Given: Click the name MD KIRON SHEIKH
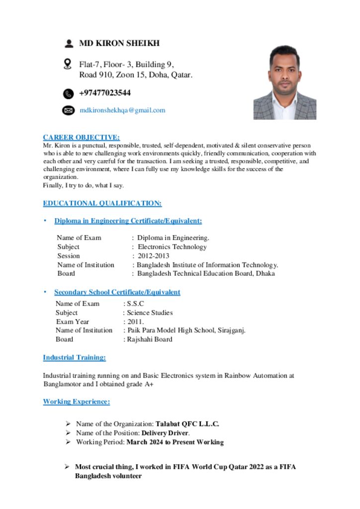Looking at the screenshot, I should click(x=119, y=43).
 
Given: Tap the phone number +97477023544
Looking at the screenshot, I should click(x=105, y=93).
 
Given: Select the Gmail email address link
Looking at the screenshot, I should click(x=122, y=110).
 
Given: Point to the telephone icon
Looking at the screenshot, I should click(x=68, y=93).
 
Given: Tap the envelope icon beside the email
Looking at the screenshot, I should click(x=68, y=110).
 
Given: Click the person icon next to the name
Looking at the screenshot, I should click(x=69, y=43).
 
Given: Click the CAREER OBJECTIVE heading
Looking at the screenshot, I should click(x=81, y=137).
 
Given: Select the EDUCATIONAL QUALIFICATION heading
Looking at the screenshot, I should click(x=102, y=203).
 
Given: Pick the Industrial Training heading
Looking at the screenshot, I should click(x=74, y=357).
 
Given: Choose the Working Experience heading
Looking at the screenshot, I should click(x=76, y=401).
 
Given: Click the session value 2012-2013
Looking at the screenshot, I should click(x=153, y=256).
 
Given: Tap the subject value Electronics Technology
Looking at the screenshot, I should click(x=172, y=247).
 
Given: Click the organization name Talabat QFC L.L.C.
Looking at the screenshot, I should click(x=187, y=424).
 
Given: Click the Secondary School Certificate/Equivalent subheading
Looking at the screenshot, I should click(x=117, y=292).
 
